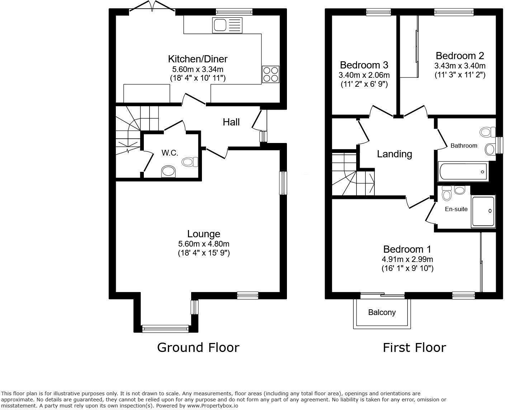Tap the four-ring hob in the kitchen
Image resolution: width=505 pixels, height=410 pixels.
271,74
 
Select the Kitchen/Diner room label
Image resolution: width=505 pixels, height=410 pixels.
198,59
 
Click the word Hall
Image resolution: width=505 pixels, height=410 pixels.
231,122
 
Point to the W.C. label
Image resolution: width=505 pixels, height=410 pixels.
170,153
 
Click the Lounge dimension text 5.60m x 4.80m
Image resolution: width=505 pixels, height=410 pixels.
203,244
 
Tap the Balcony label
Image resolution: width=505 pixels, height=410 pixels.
382,313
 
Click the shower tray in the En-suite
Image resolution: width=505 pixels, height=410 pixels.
483,211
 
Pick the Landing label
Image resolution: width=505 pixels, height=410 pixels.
394,154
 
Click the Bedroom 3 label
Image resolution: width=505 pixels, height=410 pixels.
364,65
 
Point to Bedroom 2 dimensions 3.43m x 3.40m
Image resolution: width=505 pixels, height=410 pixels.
459,66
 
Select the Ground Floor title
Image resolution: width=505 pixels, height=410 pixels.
198,347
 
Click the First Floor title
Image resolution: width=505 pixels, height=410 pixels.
414,347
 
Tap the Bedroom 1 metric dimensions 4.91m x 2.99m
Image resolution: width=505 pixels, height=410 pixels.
407,259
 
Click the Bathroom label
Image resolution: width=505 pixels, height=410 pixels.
464,146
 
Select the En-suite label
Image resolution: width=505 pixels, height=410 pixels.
456,209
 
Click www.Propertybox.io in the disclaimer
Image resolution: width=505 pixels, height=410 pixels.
212,406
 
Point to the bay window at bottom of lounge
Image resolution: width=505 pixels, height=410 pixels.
165,328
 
